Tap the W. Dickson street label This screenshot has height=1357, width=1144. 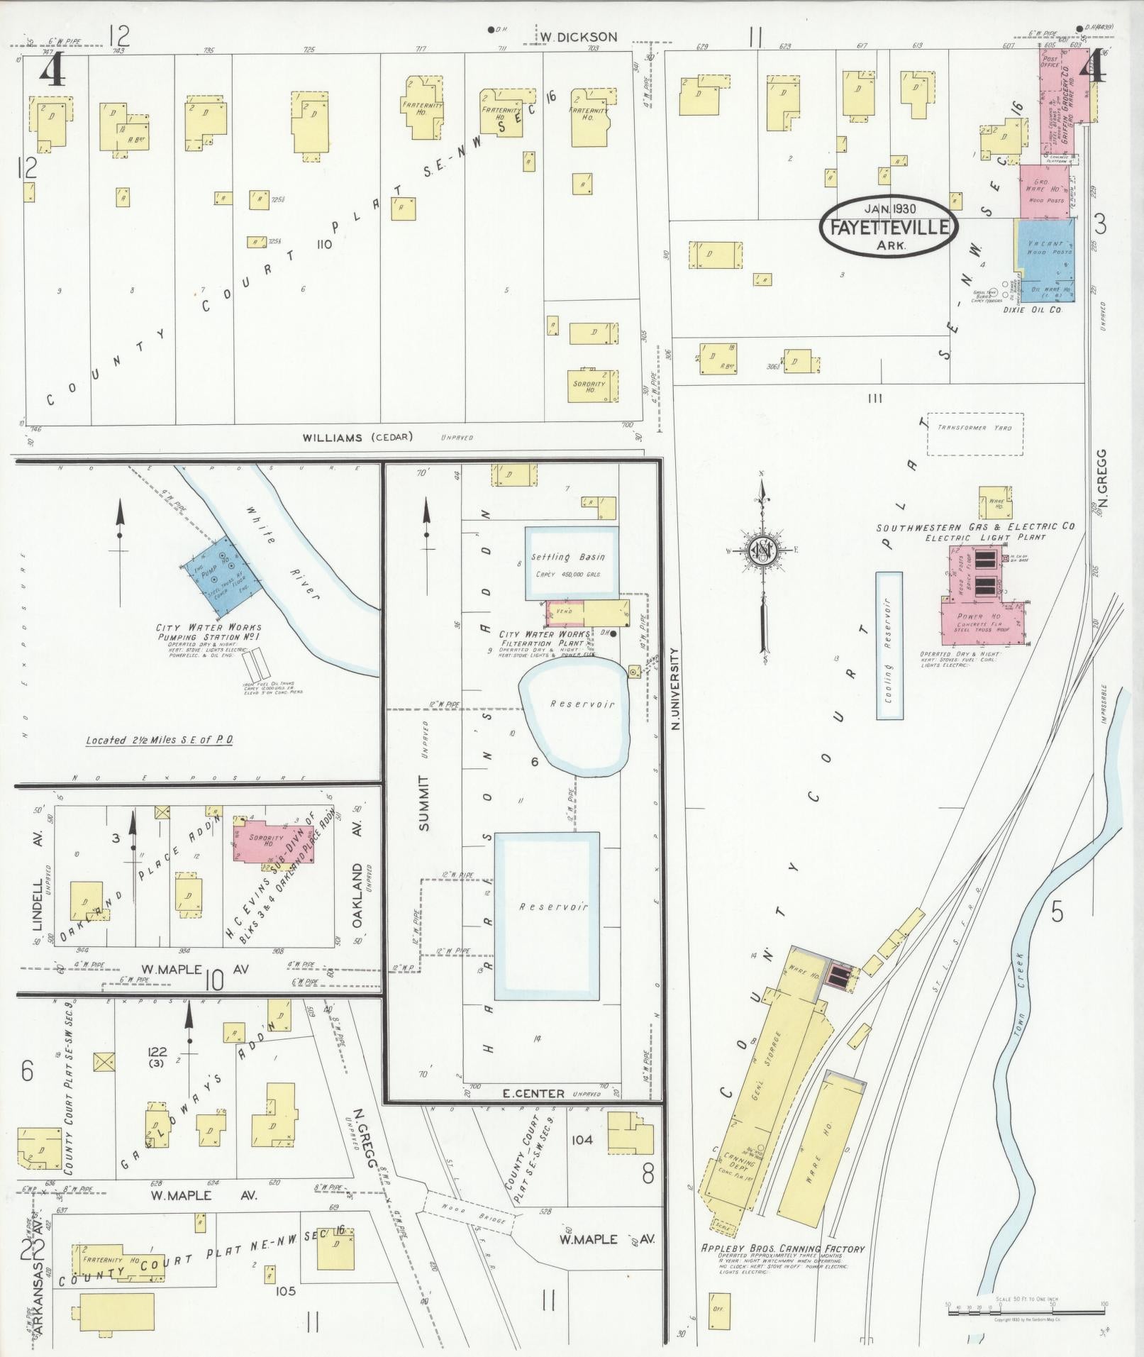tap(577, 36)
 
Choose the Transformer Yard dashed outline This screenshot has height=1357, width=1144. tap(974, 433)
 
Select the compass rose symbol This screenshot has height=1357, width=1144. tap(762, 550)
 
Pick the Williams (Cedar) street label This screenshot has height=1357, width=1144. tap(357, 437)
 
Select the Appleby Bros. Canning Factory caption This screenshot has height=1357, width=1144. tap(783, 1268)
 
